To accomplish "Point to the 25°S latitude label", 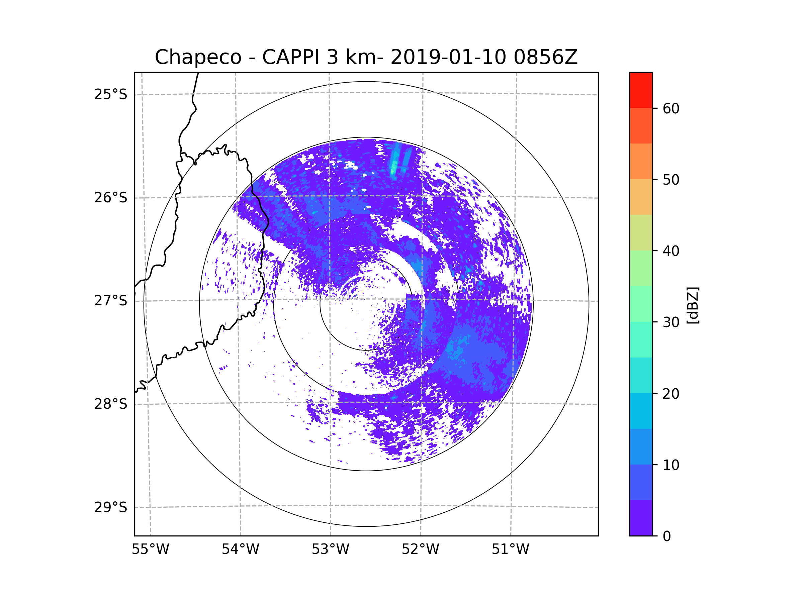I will coord(111,94).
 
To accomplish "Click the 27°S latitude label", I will coord(111,301).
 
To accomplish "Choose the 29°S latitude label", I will coord(111,507).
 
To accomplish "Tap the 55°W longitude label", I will coord(150,549).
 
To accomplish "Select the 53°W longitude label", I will coord(330,549).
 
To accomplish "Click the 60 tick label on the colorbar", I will coord(671,108).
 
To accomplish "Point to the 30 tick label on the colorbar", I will coord(671,322).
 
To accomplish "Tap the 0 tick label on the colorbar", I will coord(667,536).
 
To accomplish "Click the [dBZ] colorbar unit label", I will coord(693,305).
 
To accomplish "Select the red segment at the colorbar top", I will coord(641,90).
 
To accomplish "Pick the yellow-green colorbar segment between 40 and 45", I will coord(641,232).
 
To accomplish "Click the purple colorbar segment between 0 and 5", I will coord(641,518).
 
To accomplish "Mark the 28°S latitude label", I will coord(111,404).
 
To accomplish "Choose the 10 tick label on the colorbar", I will coord(671,465).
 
